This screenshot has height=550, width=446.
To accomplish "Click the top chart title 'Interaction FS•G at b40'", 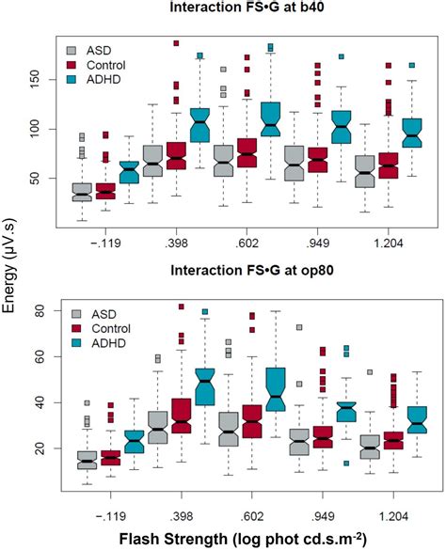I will pos(242,8).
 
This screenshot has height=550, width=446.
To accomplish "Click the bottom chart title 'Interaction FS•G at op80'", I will pos(242,273).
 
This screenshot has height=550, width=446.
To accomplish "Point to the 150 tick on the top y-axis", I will pos(39,81).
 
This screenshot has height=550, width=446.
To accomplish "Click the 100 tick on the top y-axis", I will pos(39,129).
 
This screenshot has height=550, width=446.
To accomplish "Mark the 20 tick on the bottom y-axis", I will pos(39,449).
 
